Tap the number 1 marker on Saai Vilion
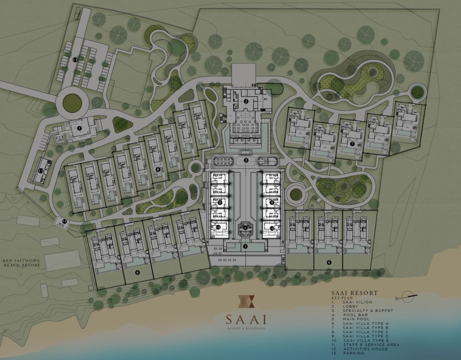[x=79, y=128]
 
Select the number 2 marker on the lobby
[x=246, y=101]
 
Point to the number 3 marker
[x=246, y=160]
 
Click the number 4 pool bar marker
[x=245, y=228]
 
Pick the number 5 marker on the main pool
[x=245, y=246]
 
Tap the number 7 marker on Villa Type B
[x=352, y=144]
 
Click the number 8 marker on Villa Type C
[x=158, y=169]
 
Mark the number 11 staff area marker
[x=41, y=171]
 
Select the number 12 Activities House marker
[x=64, y=221]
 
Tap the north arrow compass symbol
[x=409, y=296]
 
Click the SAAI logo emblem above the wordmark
[x=246, y=301]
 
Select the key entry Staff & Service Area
[x=371, y=344]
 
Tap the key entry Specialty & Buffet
[x=368, y=310]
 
